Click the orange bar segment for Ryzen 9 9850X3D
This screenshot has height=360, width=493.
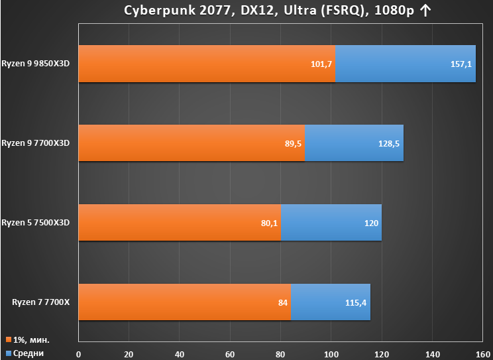tap(207, 64)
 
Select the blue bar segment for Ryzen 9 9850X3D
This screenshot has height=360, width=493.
tap(406, 64)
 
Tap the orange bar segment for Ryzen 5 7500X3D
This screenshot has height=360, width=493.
tap(180, 223)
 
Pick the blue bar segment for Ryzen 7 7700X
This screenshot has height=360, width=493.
tap(331, 302)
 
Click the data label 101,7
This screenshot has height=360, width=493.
tap(321, 64)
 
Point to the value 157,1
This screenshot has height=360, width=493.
tap(461, 64)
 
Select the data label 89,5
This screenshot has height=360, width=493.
tap(293, 144)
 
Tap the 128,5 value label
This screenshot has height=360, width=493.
tap(389, 144)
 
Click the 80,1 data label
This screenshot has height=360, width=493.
tap(269, 223)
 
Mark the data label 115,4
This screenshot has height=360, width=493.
tap(356, 303)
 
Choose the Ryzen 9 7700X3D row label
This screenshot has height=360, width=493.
tap(36, 143)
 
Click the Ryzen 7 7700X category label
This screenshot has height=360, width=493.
tap(41, 302)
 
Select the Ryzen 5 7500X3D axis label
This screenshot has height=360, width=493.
tap(36, 223)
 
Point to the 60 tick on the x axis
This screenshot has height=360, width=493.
tap(230, 355)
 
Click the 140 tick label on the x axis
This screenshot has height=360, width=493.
tap(432, 355)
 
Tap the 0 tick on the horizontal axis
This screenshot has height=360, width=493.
tap(79, 355)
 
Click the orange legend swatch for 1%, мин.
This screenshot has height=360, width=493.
tap(9, 340)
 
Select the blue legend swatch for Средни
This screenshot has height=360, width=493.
tap(9, 353)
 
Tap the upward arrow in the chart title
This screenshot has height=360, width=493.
tap(425, 11)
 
